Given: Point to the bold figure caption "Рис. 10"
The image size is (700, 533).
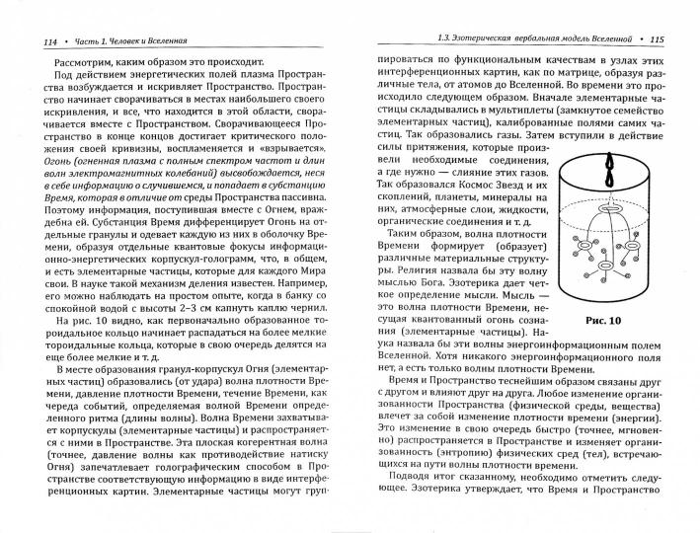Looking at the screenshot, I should tap(602, 320).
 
